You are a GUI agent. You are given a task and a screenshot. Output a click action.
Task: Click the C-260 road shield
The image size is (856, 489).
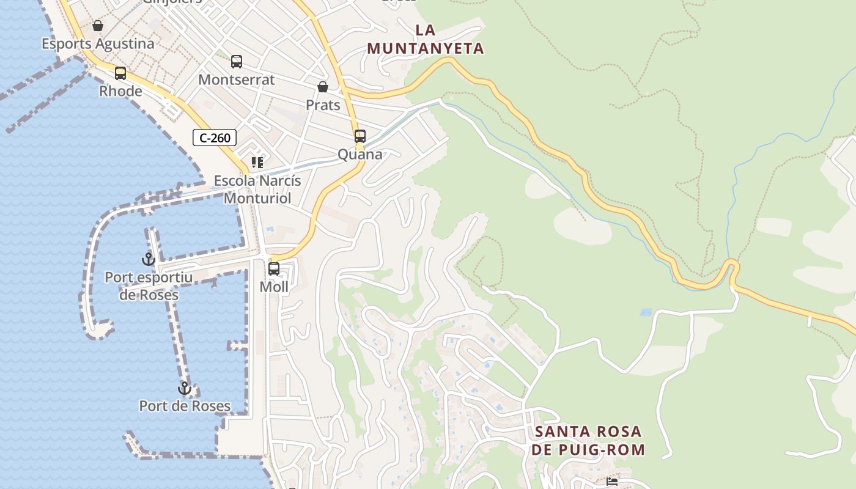coord(215,138)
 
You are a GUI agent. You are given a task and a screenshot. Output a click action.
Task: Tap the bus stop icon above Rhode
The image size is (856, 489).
coord(120,73)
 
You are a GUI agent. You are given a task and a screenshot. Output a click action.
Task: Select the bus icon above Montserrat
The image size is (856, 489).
coord(237,62)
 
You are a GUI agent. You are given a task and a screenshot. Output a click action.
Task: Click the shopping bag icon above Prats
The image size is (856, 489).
coord(322,87)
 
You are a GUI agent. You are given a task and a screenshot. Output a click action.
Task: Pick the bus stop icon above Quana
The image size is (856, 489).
coord(360,136)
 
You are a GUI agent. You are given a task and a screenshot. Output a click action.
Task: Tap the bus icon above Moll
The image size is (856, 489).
coord(274,269)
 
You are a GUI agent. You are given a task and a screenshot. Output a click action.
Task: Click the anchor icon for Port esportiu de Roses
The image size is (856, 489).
coord(148,259)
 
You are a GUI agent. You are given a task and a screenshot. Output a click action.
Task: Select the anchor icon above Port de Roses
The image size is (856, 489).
coord(184,388)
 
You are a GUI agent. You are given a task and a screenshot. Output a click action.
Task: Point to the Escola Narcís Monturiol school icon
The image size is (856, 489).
coord(257,163)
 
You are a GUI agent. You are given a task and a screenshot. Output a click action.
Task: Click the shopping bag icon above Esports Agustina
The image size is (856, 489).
coord(97,26)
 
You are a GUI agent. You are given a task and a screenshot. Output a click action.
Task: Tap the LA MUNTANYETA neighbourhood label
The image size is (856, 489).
coord(426,39)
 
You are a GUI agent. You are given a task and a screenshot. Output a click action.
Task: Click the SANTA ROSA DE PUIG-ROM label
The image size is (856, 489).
coord(588,441)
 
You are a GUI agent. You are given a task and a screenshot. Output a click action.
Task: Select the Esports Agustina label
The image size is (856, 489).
coord(98,44)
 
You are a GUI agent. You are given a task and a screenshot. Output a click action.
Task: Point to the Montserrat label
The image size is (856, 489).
coord(237,79)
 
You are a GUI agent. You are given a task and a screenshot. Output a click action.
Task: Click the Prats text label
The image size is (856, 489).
coord(323,105)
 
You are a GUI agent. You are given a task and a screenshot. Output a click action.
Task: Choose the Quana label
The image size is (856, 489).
coord(360,154)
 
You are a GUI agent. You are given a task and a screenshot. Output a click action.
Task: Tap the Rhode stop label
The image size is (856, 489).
coord(120,91)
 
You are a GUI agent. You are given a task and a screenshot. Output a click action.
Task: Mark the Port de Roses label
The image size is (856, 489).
coord(185,406)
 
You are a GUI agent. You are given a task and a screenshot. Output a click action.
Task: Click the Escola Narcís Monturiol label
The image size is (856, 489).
coord(257,189)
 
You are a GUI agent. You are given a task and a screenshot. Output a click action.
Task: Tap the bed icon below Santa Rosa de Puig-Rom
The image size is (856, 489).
coord(612,482)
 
